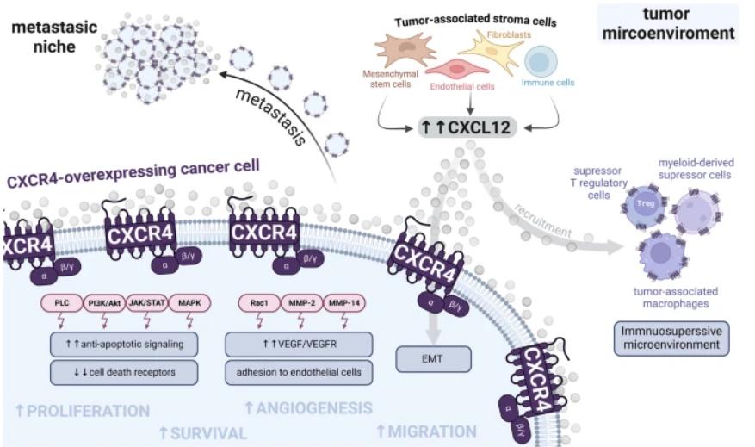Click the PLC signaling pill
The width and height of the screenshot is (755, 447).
tap(62, 303)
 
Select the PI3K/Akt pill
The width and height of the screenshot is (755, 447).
tap(104, 303)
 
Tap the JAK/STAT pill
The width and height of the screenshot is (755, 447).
tap(147, 303)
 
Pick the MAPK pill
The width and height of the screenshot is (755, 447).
tap(189, 303)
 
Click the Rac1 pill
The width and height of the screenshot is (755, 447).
tap(259, 303)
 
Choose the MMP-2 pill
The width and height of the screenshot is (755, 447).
tap(301, 303)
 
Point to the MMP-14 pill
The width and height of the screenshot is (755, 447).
tap(343, 303)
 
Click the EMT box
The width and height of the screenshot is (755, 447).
tap(433, 359)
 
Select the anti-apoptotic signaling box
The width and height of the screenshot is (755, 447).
tap(124, 344)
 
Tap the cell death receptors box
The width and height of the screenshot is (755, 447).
tap(124, 372)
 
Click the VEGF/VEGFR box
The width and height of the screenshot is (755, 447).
tap(299, 344)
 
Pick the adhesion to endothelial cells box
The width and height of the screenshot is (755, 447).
tap(299, 372)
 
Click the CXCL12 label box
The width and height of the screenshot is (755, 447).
tap(467, 127)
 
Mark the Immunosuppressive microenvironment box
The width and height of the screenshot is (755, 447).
tap(671, 338)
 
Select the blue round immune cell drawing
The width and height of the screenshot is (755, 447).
tap(541, 62)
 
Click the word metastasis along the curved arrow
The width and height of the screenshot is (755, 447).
tap(271, 117)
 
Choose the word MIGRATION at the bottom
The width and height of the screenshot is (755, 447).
tap(427, 431)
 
